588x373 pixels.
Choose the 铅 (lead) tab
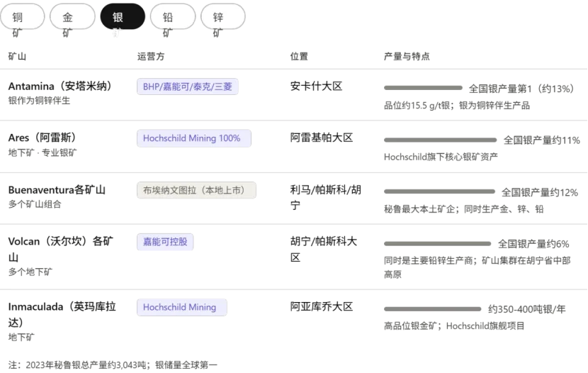point(168,18)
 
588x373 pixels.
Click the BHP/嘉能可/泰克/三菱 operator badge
point(188,87)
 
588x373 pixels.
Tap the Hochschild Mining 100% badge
point(193,138)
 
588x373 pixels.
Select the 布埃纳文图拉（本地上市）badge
point(198,190)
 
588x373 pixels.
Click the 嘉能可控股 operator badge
point(164,243)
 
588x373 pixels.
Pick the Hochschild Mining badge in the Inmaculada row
point(181,307)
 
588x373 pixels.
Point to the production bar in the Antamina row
point(422,89)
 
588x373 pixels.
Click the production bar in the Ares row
point(440,140)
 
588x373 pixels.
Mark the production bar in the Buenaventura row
point(439,191)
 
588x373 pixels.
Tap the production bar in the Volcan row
point(436,244)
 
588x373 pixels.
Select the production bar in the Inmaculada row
point(431,309)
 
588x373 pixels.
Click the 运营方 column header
point(154,57)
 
